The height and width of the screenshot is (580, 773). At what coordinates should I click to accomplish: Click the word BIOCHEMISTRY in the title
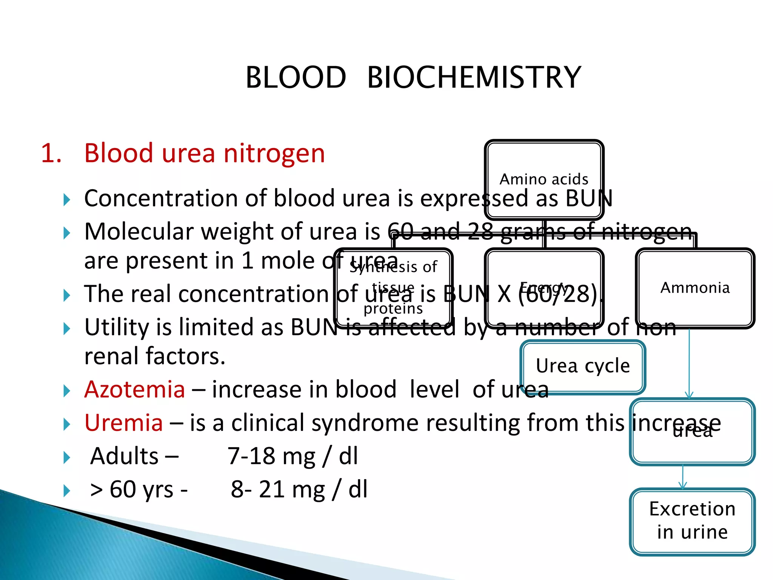point(474,77)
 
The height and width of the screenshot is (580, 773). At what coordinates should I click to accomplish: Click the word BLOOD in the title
point(296,77)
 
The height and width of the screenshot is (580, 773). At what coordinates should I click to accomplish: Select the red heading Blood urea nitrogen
point(204,153)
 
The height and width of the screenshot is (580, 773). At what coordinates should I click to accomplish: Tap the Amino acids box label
point(544,179)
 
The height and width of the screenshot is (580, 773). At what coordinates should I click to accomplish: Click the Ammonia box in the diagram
point(695,288)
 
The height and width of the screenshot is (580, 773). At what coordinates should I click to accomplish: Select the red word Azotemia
point(135,389)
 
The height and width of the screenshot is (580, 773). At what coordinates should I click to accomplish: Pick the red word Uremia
point(124,423)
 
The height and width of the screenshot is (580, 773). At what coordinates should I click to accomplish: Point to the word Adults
point(125,456)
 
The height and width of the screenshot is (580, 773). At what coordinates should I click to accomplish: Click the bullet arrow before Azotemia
point(67,391)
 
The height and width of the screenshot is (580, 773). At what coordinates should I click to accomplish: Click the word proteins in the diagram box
point(393,309)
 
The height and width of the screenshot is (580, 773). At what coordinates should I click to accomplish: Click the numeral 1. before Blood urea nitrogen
point(51,153)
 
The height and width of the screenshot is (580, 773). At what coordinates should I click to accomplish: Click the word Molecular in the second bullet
point(139,231)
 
